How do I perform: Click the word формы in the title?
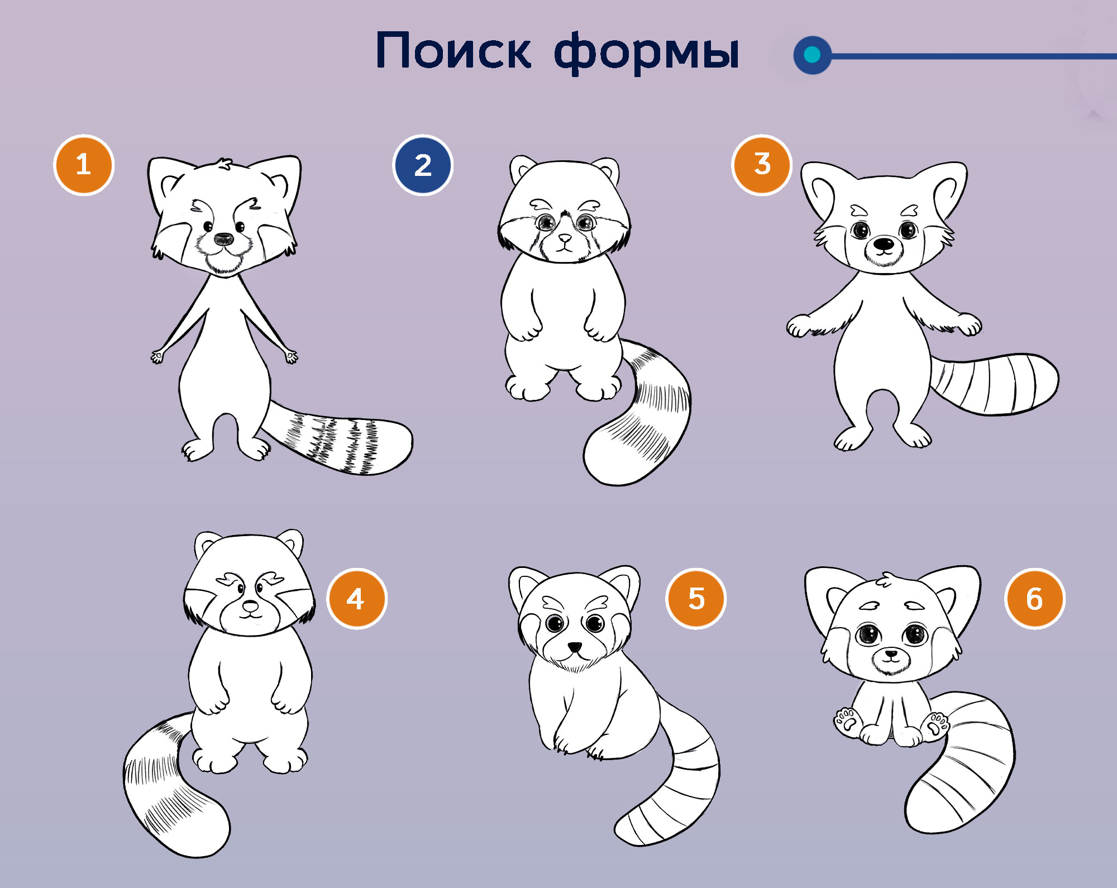click(x=647, y=52)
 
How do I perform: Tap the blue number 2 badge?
click(x=423, y=165)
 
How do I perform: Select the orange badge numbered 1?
click(x=84, y=165)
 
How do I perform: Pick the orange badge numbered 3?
click(x=762, y=165)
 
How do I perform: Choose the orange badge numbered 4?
click(x=356, y=599)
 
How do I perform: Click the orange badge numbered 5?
click(x=696, y=599)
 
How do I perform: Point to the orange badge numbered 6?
click(x=1034, y=599)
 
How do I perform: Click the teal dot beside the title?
click(x=812, y=55)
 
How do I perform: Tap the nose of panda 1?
click(x=224, y=239)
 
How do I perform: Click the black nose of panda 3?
click(x=884, y=244)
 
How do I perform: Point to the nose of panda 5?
click(x=575, y=647)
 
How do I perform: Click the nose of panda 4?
click(x=250, y=605)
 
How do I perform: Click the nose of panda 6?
click(x=891, y=653)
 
